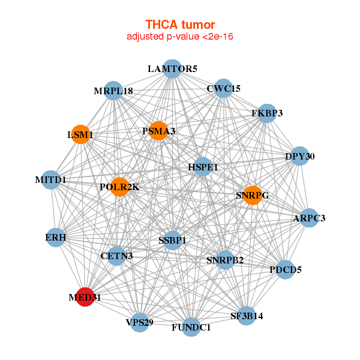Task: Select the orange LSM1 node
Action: coord(81,134)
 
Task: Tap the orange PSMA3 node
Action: coord(158,131)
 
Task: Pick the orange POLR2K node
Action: coord(120,187)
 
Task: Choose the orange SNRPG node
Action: coord(253,195)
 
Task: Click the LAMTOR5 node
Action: coord(172,68)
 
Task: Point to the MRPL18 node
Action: coord(113,91)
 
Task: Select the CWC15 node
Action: coord(223,88)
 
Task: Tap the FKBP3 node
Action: coord(267,113)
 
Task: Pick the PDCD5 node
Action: coord(286,269)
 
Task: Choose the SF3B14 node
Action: coord(247,315)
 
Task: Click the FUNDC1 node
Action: coord(191,327)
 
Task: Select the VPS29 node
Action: coord(140,322)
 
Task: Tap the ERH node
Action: coord(56,238)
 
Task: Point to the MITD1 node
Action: coord(51,179)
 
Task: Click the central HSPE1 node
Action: coord(203,166)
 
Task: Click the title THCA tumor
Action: coord(180,25)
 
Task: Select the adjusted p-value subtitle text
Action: coord(180,37)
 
